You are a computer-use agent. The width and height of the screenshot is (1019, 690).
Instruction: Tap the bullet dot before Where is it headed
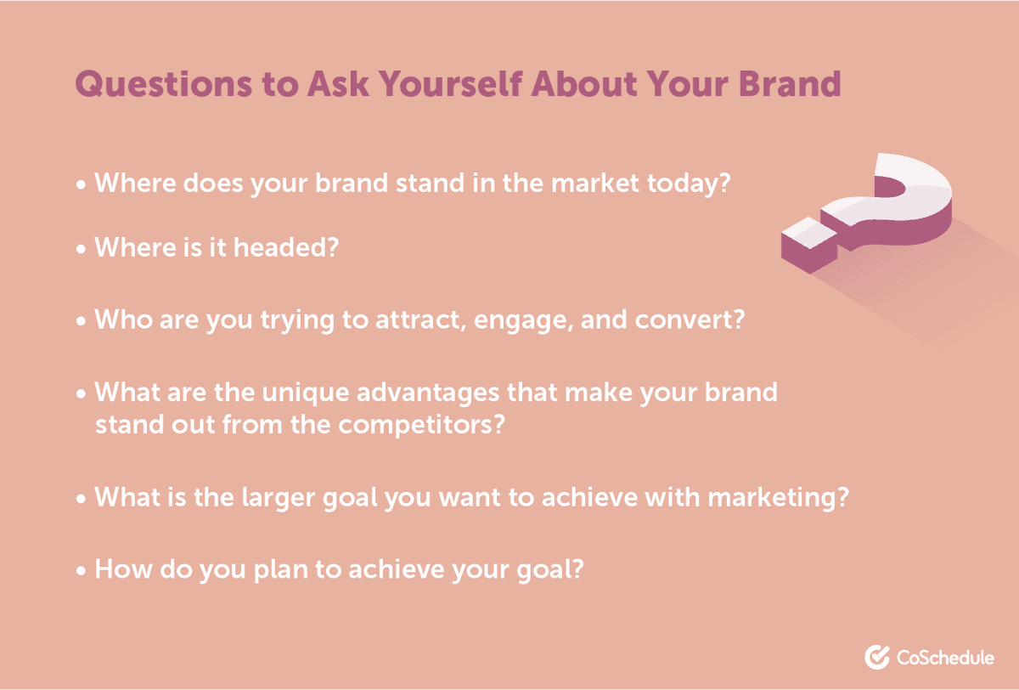tap(82, 250)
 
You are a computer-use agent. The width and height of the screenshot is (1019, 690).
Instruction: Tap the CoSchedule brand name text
tap(945, 657)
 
